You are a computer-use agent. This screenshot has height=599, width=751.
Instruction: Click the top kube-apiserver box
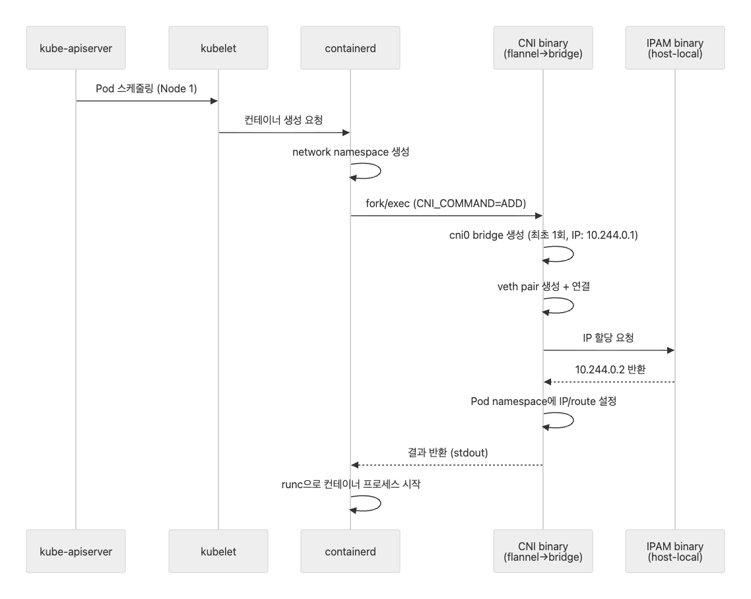[x=76, y=48]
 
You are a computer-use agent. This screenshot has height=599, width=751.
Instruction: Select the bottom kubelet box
[x=218, y=551]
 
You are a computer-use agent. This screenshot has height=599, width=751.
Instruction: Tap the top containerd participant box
[x=350, y=48]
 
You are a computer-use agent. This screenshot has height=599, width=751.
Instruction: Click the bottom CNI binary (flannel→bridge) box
[x=543, y=551]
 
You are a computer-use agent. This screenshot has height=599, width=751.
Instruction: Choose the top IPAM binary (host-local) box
[x=675, y=48]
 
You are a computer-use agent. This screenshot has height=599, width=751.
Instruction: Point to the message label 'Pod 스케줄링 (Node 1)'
[x=147, y=88]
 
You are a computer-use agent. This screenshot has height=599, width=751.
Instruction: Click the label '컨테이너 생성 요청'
[x=284, y=119]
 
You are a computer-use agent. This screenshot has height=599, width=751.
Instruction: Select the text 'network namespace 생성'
[x=350, y=152]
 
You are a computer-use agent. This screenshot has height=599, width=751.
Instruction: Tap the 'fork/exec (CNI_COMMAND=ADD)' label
[x=446, y=203]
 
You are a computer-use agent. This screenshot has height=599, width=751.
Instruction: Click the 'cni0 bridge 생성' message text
[x=486, y=235]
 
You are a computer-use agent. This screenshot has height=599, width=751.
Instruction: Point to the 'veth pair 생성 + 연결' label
[x=544, y=286]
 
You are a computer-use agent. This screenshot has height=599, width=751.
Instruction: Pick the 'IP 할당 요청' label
[x=608, y=338]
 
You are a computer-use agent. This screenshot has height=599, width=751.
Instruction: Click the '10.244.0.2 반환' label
[x=610, y=369]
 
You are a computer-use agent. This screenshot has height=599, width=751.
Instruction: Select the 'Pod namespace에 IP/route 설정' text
[x=544, y=401]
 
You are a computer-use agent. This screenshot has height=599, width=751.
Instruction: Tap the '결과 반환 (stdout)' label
[x=448, y=453]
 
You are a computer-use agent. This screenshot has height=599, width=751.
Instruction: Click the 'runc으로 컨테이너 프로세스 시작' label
[x=351, y=484]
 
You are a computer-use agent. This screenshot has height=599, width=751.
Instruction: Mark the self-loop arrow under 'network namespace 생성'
[x=380, y=171]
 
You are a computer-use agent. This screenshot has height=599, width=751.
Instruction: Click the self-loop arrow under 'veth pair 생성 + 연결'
[x=573, y=305]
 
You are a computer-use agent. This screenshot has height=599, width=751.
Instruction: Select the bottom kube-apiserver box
[x=76, y=551]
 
